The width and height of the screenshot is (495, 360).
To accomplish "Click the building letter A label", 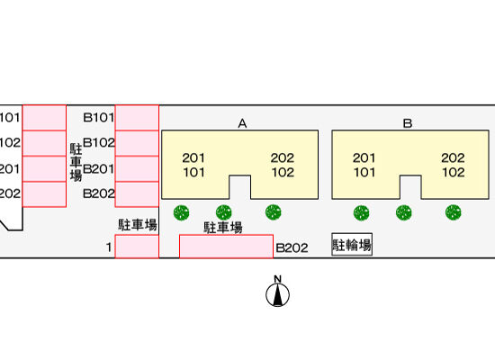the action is pyautogui.click(x=242, y=123).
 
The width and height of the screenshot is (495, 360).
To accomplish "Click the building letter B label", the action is pyautogui.click(x=408, y=123).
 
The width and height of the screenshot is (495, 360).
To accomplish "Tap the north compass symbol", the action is pyautogui.click(x=277, y=292).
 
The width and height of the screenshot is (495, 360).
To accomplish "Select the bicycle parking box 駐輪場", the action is pyautogui.click(x=352, y=245).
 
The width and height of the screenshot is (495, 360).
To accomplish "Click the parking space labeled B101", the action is pyautogui.click(x=137, y=118).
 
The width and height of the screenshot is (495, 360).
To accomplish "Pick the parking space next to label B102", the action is pyautogui.click(x=137, y=143).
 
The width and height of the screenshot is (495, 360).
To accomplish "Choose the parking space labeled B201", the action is pyautogui.click(x=137, y=168).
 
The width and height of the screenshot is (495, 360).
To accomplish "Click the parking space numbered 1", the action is pyautogui.click(x=137, y=247).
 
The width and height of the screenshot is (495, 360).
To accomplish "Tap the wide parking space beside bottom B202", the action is pyautogui.click(x=226, y=247).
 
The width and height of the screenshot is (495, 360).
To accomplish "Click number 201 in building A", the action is pyautogui.click(x=193, y=157).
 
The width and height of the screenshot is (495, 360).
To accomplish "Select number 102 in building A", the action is pyautogui.click(x=283, y=173).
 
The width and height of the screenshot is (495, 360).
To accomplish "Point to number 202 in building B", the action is pyautogui.click(x=453, y=157).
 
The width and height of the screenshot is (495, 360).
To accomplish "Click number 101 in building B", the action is pyautogui.click(x=364, y=173).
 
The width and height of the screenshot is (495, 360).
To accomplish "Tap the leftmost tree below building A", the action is pyautogui.click(x=182, y=212).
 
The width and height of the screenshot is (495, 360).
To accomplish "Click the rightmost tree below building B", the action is pyautogui.click(x=454, y=212).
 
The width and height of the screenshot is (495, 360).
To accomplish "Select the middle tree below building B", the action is pyautogui.click(x=404, y=212).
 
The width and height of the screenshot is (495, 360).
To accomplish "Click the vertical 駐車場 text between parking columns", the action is pyautogui.click(x=76, y=162).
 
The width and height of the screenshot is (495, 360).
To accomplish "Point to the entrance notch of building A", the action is pyautogui.click(x=240, y=187).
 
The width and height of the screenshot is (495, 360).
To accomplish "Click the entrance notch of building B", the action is pyautogui.click(x=410, y=187).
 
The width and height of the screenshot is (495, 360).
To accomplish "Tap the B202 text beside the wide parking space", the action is pyautogui.click(x=292, y=247).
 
